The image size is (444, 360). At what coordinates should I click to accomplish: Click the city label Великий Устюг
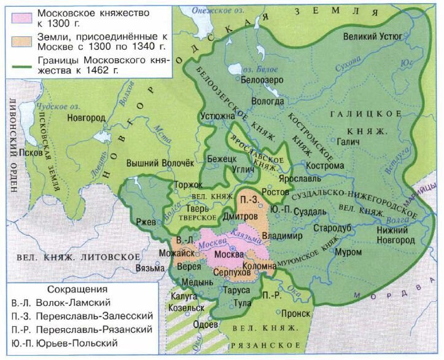point(373,36)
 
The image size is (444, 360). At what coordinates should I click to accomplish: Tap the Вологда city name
point(267,101)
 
